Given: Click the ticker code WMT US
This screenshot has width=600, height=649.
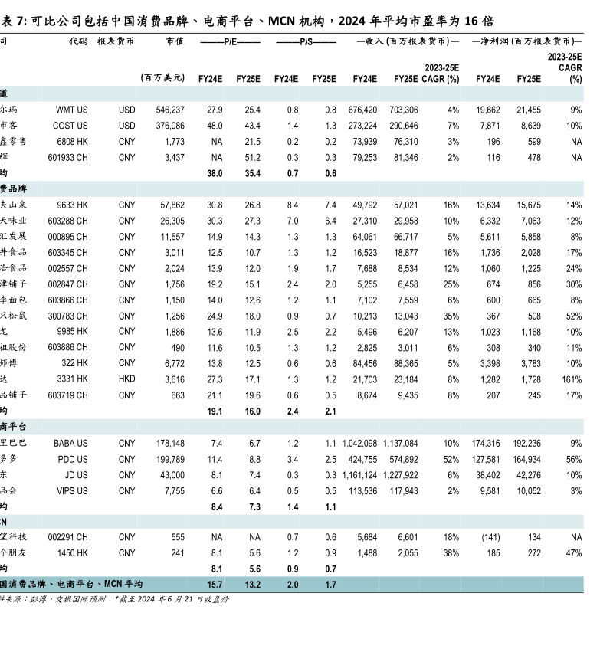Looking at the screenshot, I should point(71,110).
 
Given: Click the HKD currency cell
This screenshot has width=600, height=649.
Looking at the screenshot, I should point(126,379).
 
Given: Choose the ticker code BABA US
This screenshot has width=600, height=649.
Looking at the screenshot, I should point(70,443).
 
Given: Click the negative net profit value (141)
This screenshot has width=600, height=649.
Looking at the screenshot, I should point(490,537).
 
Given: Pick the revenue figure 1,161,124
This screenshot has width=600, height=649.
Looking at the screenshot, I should point(359,475).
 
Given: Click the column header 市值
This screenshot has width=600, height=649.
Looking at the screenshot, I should point(175,41).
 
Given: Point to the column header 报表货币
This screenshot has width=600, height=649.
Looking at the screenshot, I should point(116,41).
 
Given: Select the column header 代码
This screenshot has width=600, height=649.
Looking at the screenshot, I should point(78,41).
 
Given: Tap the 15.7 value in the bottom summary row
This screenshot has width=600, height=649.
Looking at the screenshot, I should point(215,585).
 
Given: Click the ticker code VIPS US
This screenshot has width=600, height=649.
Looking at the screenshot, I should point(72,491).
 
